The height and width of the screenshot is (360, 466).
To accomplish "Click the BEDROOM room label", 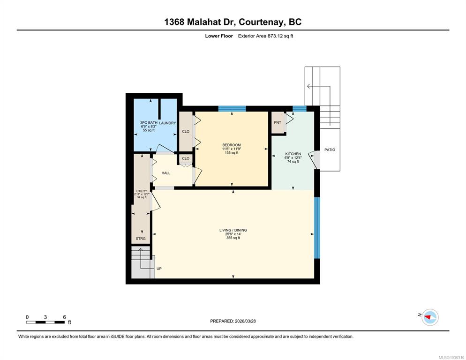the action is tap(232, 145).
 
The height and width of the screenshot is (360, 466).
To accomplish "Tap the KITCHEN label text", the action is tap(293, 154).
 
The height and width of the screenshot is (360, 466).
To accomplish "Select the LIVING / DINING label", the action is tap(233, 230).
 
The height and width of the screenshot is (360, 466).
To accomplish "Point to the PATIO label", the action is tap(330, 150).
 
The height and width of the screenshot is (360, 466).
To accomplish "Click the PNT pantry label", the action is tap(278, 122).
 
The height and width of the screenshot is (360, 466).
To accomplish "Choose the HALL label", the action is tap(166, 173).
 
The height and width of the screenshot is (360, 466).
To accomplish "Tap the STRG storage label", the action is tap(141, 239).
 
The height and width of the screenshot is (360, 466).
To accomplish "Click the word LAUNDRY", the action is tap(168, 123).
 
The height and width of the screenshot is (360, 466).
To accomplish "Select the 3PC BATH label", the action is tap(149, 122).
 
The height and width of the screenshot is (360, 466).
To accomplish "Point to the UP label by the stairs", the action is tap(159, 269).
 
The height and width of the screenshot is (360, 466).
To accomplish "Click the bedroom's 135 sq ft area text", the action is tap(232, 153).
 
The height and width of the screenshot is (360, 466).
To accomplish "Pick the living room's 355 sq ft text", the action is tap(233, 238).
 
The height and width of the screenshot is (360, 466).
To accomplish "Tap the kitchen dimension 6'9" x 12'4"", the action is tap(293, 158).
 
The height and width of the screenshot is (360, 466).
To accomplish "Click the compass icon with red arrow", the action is tap(430, 317).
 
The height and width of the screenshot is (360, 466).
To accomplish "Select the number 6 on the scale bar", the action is tap(64, 317).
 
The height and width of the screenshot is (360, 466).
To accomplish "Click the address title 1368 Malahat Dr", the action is tap(200, 22).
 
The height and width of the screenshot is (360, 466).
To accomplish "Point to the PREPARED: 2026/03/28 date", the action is tap(233, 321).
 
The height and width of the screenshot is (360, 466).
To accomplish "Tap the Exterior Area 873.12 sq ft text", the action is tap(265, 36).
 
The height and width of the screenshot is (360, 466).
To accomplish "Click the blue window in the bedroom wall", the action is tap(232, 108).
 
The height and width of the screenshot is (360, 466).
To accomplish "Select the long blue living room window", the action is tap(317, 228).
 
